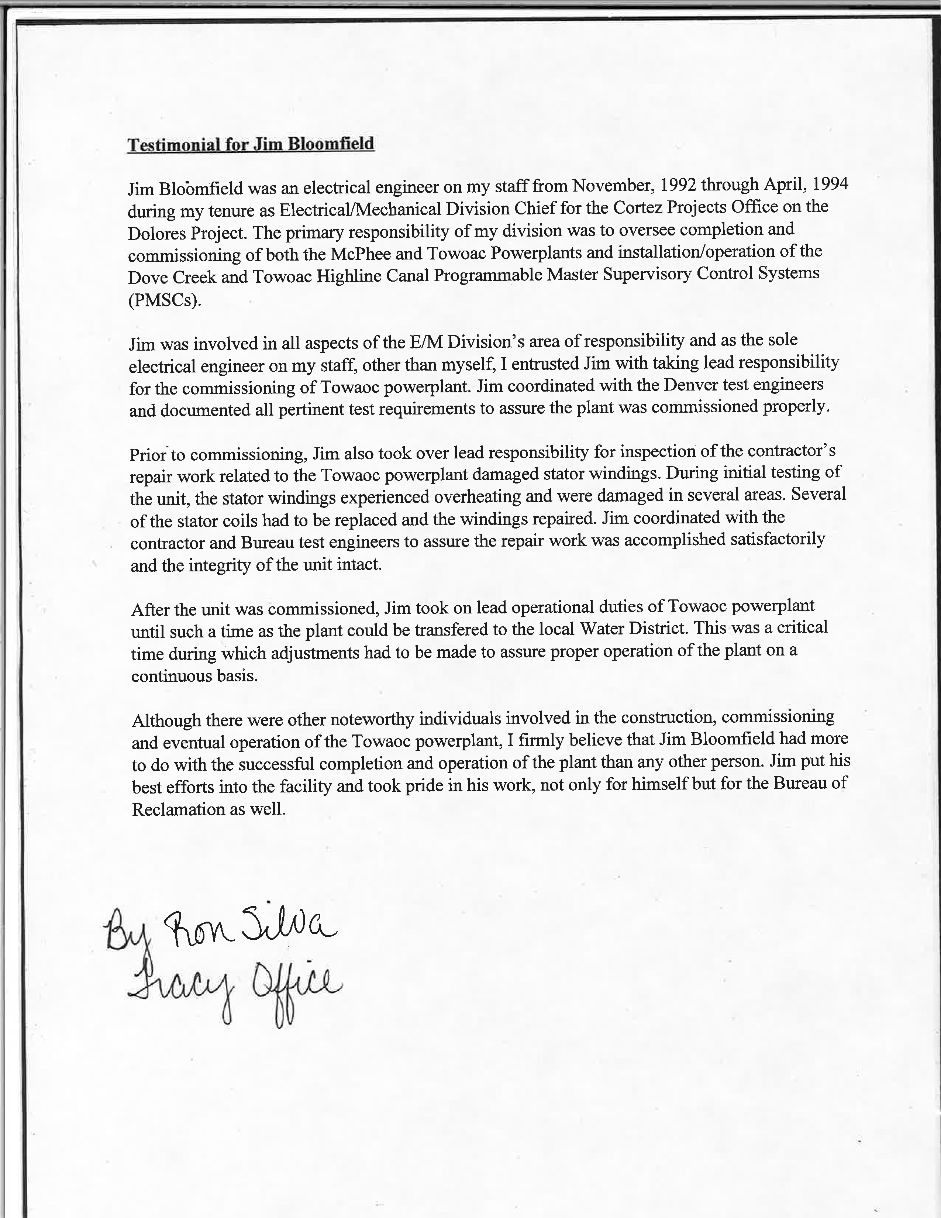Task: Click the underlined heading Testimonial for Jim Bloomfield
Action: click(x=250, y=144)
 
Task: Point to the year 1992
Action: click(x=679, y=184)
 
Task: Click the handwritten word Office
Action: click(x=296, y=990)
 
